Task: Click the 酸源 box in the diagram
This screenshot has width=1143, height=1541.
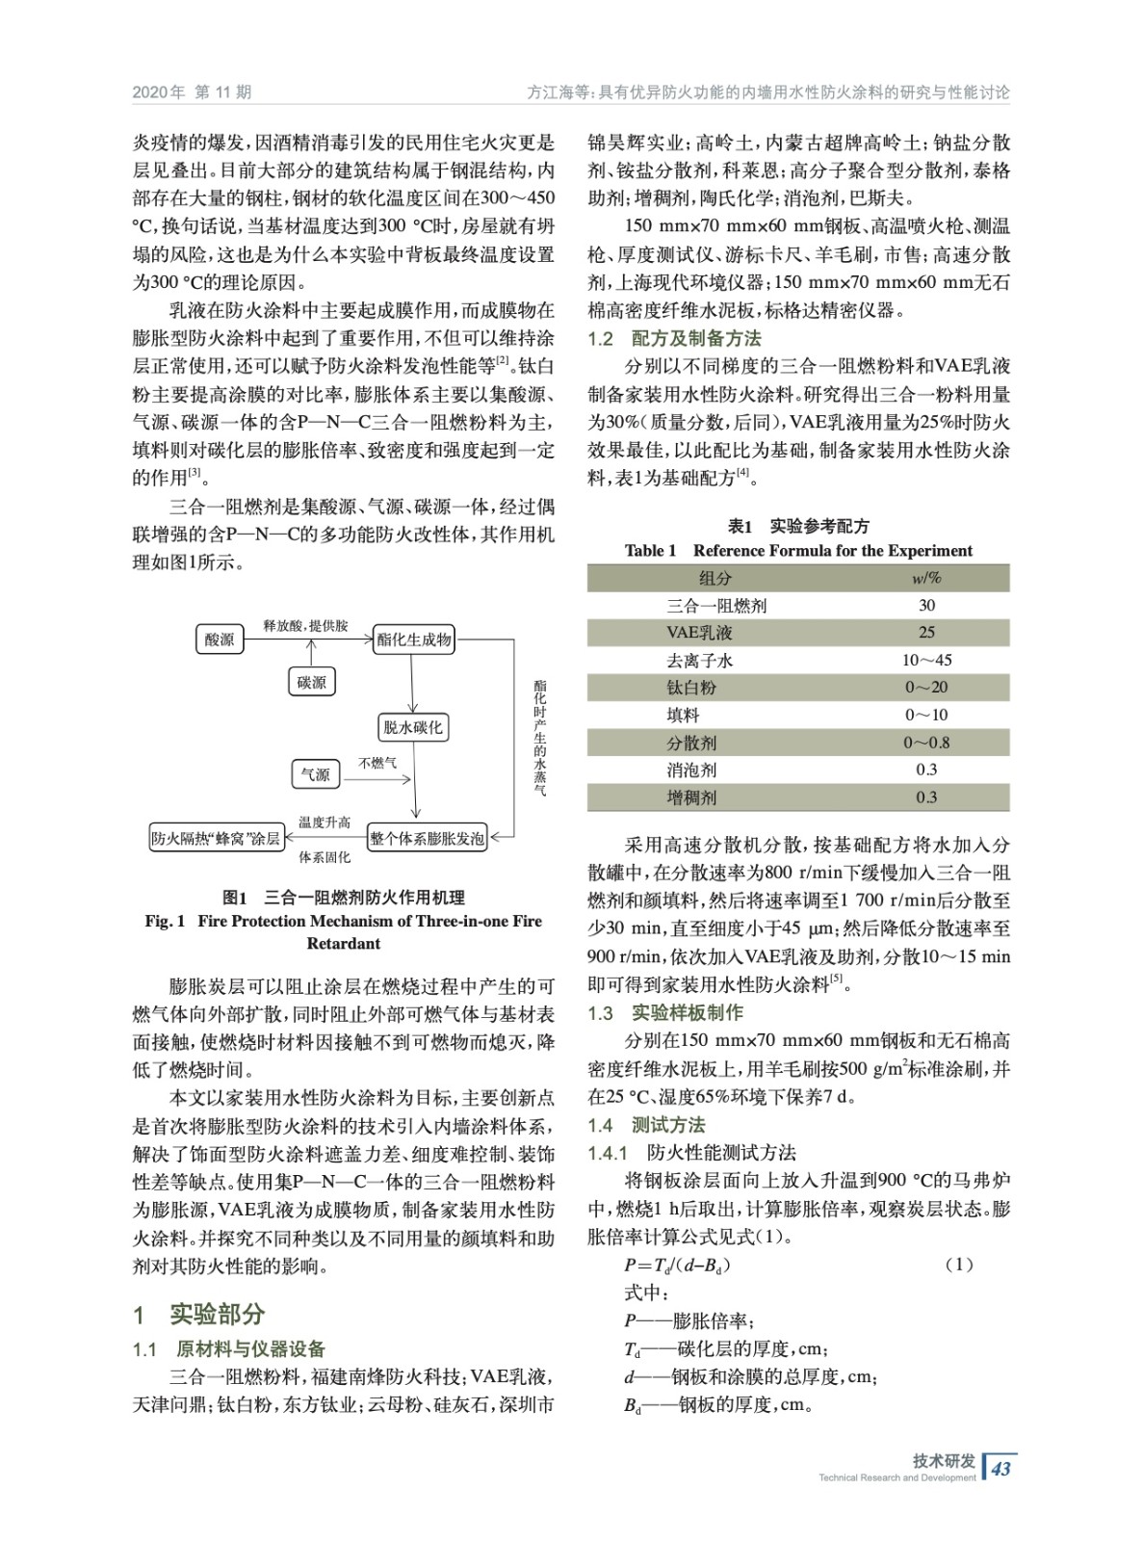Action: tap(220, 639)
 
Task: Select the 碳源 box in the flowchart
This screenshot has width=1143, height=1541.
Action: tap(312, 682)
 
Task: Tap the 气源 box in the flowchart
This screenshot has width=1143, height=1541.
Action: tap(315, 774)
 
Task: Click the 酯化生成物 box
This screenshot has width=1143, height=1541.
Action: tap(414, 640)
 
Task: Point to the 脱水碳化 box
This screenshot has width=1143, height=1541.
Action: tap(413, 727)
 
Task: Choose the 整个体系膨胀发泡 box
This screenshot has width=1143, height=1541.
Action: tap(428, 839)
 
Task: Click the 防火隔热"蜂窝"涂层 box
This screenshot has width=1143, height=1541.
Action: tap(216, 839)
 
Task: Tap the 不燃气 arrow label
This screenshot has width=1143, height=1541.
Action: tap(377, 763)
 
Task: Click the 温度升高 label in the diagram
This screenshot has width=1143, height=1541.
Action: tap(325, 822)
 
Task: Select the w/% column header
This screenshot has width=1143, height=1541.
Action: tap(926, 578)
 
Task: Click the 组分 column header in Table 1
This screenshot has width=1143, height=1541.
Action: tap(714, 578)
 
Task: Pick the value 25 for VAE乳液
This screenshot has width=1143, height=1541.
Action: tap(926, 633)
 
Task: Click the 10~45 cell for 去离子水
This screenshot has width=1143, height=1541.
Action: tap(926, 661)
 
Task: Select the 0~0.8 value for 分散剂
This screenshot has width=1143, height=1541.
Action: tap(926, 743)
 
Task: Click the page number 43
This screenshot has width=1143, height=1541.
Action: tap(1001, 1469)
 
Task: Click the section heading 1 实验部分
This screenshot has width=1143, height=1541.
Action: tap(199, 1315)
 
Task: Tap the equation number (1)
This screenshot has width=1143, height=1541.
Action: tap(959, 1265)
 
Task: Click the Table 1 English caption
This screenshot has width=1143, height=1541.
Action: tap(798, 551)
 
